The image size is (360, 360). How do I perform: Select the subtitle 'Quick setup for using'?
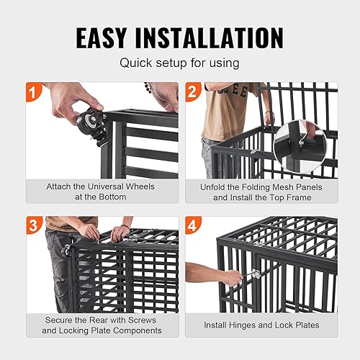click(179, 64)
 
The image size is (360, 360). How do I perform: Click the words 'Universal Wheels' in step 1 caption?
click(105, 186)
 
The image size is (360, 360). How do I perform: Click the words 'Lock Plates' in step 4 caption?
click(298, 325)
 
